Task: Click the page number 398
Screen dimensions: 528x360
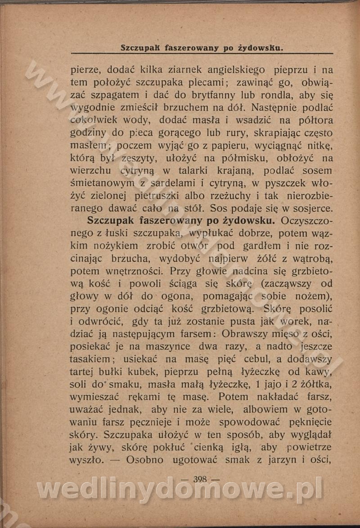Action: click(200, 479)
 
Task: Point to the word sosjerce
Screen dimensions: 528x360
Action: click(311, 209)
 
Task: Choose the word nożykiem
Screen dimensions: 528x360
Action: click(116, 246)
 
